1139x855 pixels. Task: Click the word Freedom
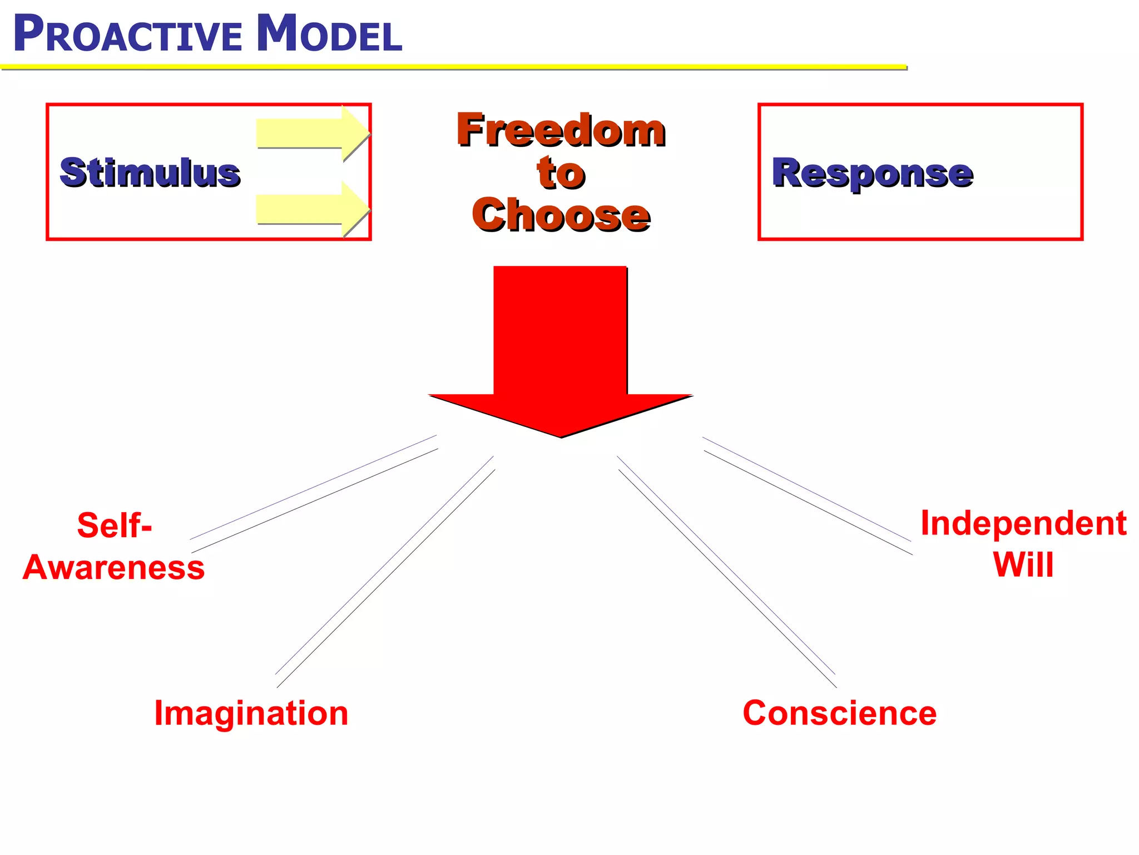point(561,130)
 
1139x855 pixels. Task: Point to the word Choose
point(561,215)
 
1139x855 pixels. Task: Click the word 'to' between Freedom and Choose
point(561,173)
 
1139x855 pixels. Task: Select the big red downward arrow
point(560,345)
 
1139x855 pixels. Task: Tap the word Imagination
point(251,713)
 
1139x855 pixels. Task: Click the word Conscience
point(839,713)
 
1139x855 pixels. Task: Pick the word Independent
point(1023,524)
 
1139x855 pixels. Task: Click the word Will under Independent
point(1023,565)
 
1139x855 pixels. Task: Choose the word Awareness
point(113,568)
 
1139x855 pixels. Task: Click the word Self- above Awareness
point(114,525)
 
